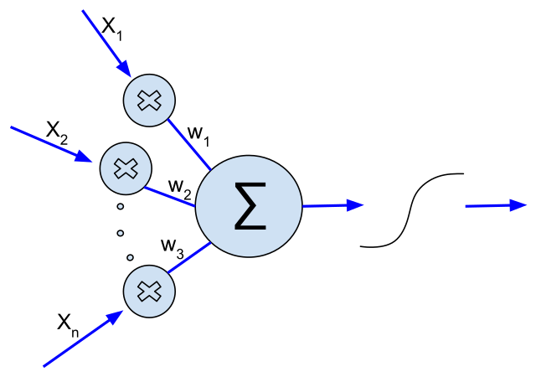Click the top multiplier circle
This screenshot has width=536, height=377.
(x=149, y=101)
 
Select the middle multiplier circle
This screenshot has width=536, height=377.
(x=126, y=168)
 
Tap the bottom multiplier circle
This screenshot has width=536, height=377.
(x=149, y=292)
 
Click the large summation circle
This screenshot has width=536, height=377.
(x=249, y=206)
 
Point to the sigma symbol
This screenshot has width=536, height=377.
(x=250, y=205)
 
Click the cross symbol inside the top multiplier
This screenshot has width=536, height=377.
(x=149, y=101)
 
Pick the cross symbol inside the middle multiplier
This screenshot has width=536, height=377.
(x=126, y=168)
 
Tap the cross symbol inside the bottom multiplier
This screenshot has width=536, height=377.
(x=149, y=292)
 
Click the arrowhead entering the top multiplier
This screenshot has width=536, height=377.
(x=124, y=69)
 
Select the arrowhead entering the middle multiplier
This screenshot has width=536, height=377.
(x=84, y=157)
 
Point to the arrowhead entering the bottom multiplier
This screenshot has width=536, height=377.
(x=115, y=317)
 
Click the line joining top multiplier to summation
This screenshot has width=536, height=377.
(x=189, y=144)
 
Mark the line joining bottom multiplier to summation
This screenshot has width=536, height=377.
(x=188, y=258)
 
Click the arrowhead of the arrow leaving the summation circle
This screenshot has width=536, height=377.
(x=355, y=205)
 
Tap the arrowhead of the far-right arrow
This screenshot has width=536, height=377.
(x=518, y=205)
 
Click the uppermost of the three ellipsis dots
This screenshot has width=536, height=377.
(x=120, y=206)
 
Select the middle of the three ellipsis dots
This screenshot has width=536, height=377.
(x=120, y=233)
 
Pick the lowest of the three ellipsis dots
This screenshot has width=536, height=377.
(x=130, y=257)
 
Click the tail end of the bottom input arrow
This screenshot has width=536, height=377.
(x=44, y=366)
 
